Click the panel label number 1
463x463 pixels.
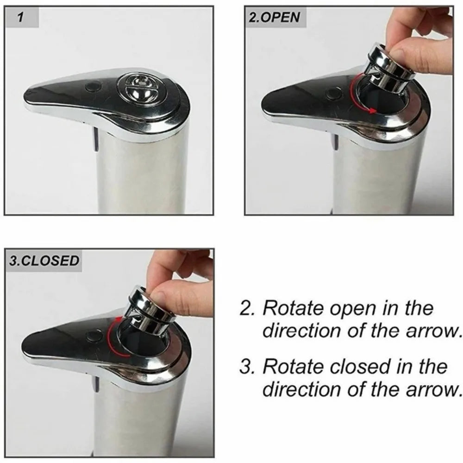[x=20, y=18]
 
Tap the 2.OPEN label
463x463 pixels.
[x=275, y=18]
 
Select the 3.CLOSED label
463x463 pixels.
[x=44, y=260]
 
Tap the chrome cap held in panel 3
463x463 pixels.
[x=148, y=306]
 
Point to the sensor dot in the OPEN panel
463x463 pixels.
[x=332, y=93]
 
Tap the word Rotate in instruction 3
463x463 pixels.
[x=293, y=367]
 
